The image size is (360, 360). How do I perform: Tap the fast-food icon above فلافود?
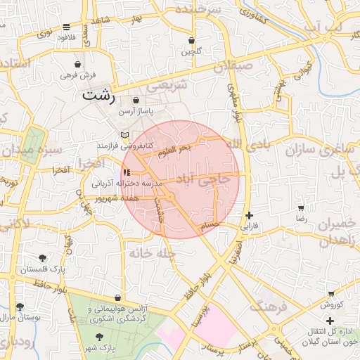click(66, 27)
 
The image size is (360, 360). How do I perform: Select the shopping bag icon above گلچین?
click(192, 41)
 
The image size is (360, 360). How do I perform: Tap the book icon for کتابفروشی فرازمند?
click(124, 134)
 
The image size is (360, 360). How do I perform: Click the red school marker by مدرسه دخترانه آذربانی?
click(126, 172)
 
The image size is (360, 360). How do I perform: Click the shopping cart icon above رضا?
click(302, 209)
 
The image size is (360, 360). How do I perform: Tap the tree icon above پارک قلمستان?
click(43, 258)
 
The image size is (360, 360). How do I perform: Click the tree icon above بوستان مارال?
click(20, 307)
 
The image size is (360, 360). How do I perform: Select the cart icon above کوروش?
click(331, 294)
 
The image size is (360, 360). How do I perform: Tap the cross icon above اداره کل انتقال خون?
click(330, 320)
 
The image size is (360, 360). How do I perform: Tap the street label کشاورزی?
click(254, 15)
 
